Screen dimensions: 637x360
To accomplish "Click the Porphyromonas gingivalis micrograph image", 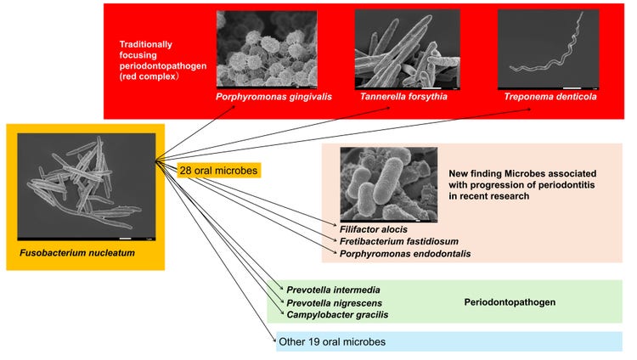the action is click(267, 49).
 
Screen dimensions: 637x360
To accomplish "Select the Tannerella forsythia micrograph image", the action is click(408, 49).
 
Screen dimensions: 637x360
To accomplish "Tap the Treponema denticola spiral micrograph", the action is click(549, 49).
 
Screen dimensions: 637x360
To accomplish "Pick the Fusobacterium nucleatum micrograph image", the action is click(87, 187).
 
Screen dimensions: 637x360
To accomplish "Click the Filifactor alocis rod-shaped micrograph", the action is click(389, 185).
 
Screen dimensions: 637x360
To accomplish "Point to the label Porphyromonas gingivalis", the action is click(273, 97).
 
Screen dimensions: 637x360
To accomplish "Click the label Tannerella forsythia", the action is click(403, 97).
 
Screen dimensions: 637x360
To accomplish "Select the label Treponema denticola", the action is click(550, 97).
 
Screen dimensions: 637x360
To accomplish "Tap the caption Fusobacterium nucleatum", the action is click(77, 253).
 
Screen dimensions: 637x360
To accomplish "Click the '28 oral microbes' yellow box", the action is click(218, 171).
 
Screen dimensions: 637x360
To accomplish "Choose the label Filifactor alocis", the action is click(374, 229).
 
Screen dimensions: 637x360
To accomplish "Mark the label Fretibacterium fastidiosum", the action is click(399, 241).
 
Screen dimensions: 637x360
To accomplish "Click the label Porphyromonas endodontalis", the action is click(405, 254).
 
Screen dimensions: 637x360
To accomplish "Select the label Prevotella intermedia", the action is click(333, 290).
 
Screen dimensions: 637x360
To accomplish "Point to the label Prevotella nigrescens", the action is click(334, 303).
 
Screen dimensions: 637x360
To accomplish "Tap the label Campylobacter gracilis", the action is click(337, 315).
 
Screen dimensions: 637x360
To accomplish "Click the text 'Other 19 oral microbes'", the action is click(332, 341).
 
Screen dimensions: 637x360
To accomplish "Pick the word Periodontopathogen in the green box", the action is click(510, 302).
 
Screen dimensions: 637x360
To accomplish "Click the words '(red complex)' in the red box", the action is click(149, 76).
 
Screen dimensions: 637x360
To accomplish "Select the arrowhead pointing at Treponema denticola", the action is click(528, 109).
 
